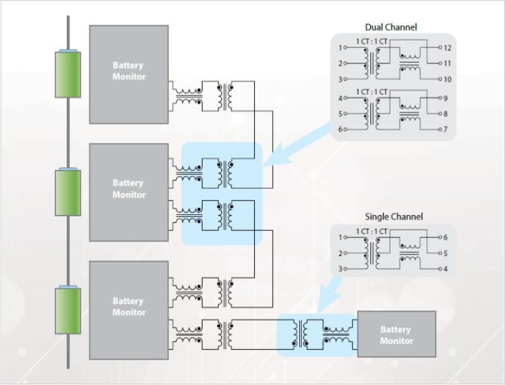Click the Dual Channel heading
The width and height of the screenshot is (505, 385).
tap(391, 27)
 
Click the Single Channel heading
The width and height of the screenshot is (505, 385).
tap(393, 216)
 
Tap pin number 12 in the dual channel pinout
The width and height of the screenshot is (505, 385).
tap(448, 48)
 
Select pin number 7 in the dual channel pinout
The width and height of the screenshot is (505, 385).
tap(446, 129)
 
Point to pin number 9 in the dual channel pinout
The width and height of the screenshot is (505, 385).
tap(446, 98)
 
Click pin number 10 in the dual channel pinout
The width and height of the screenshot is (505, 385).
tap(448, 79)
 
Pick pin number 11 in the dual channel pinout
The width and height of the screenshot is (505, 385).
tap(448, 63)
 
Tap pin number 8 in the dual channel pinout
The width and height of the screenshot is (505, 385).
tap(446, 114)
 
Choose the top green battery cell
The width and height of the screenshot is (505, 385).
tap(68, 74)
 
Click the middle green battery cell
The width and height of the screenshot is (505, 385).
tap(68, 192)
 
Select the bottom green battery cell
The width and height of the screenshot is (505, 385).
tap(68, 310)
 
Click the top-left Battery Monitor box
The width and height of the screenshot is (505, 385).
tap(129, 75)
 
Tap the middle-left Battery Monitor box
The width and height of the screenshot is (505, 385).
tap(129, 192)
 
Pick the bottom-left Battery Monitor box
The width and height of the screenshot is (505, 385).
tap(129, 310)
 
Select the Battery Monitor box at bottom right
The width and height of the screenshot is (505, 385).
tap(397, 334)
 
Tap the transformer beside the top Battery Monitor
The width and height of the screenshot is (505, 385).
tap(225, 96)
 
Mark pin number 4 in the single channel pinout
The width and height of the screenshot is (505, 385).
tap(446, 269)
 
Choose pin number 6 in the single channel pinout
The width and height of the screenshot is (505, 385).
tap(446, 237)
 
